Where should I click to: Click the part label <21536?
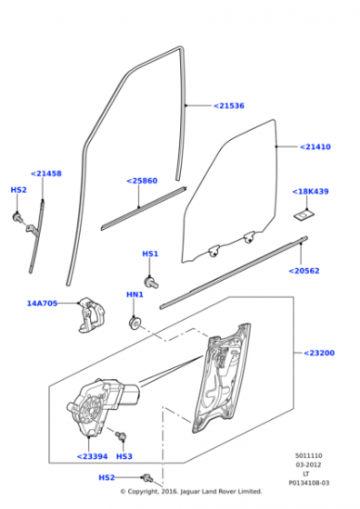[229, 105]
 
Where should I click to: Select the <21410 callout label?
[315, 147]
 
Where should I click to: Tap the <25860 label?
[142, 181]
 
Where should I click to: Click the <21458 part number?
[46, 174]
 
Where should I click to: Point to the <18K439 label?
[310, 192]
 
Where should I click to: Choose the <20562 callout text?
[304, 271]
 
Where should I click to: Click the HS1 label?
[150, 254]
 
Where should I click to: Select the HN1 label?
[135, 294]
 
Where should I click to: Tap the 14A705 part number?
[42, 304]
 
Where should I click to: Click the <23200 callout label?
[319, 353]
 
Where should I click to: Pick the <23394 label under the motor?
[92, 456]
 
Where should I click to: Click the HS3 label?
[125, 456]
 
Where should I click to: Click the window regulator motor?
[102, 404]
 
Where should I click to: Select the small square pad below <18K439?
[305, 215]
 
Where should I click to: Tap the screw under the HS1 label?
[151, 282]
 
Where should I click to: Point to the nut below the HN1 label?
[135, 323]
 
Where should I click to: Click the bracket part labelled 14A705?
[91, 314]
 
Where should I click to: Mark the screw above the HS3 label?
[121, 435]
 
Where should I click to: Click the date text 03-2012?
[308, 464]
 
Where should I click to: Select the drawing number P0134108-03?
[309, 483]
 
